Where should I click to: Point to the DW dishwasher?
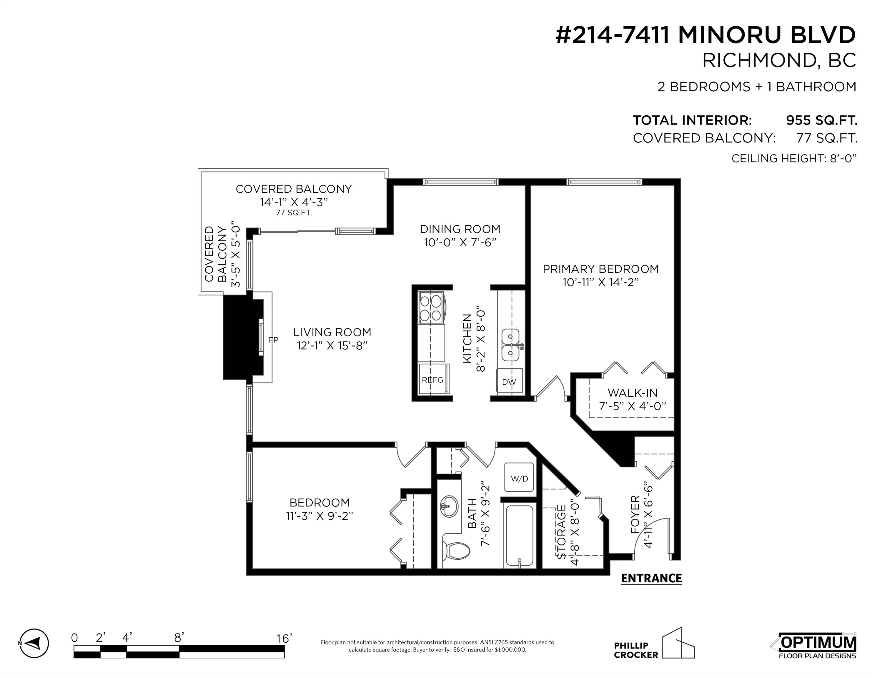[509, 382]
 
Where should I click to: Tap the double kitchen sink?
[511, 345]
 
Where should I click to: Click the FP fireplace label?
[273, 340]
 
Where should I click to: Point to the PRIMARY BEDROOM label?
[601, 269]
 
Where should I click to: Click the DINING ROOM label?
[460, 229]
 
